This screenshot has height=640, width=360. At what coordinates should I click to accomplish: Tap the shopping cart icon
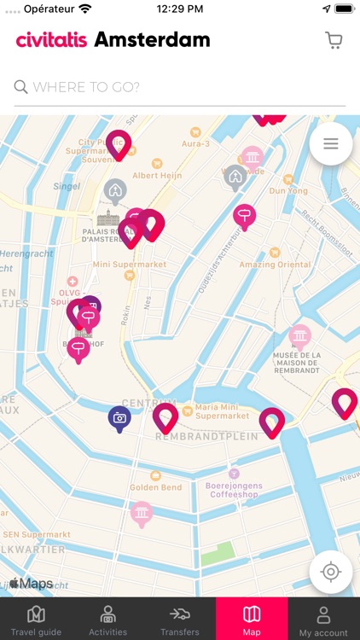tap(334, 40)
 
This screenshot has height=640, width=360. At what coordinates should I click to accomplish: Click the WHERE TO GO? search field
tap(179, 86)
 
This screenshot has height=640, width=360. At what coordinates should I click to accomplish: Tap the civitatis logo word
tap(51, 39)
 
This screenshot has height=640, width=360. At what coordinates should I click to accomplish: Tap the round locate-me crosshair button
tap(331, 571)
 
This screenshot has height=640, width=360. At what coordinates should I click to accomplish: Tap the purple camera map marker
tap(119, 418)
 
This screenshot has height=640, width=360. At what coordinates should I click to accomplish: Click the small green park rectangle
tap(217, 554)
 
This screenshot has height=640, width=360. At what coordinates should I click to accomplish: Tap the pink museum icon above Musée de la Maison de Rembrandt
tap(299, 335)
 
